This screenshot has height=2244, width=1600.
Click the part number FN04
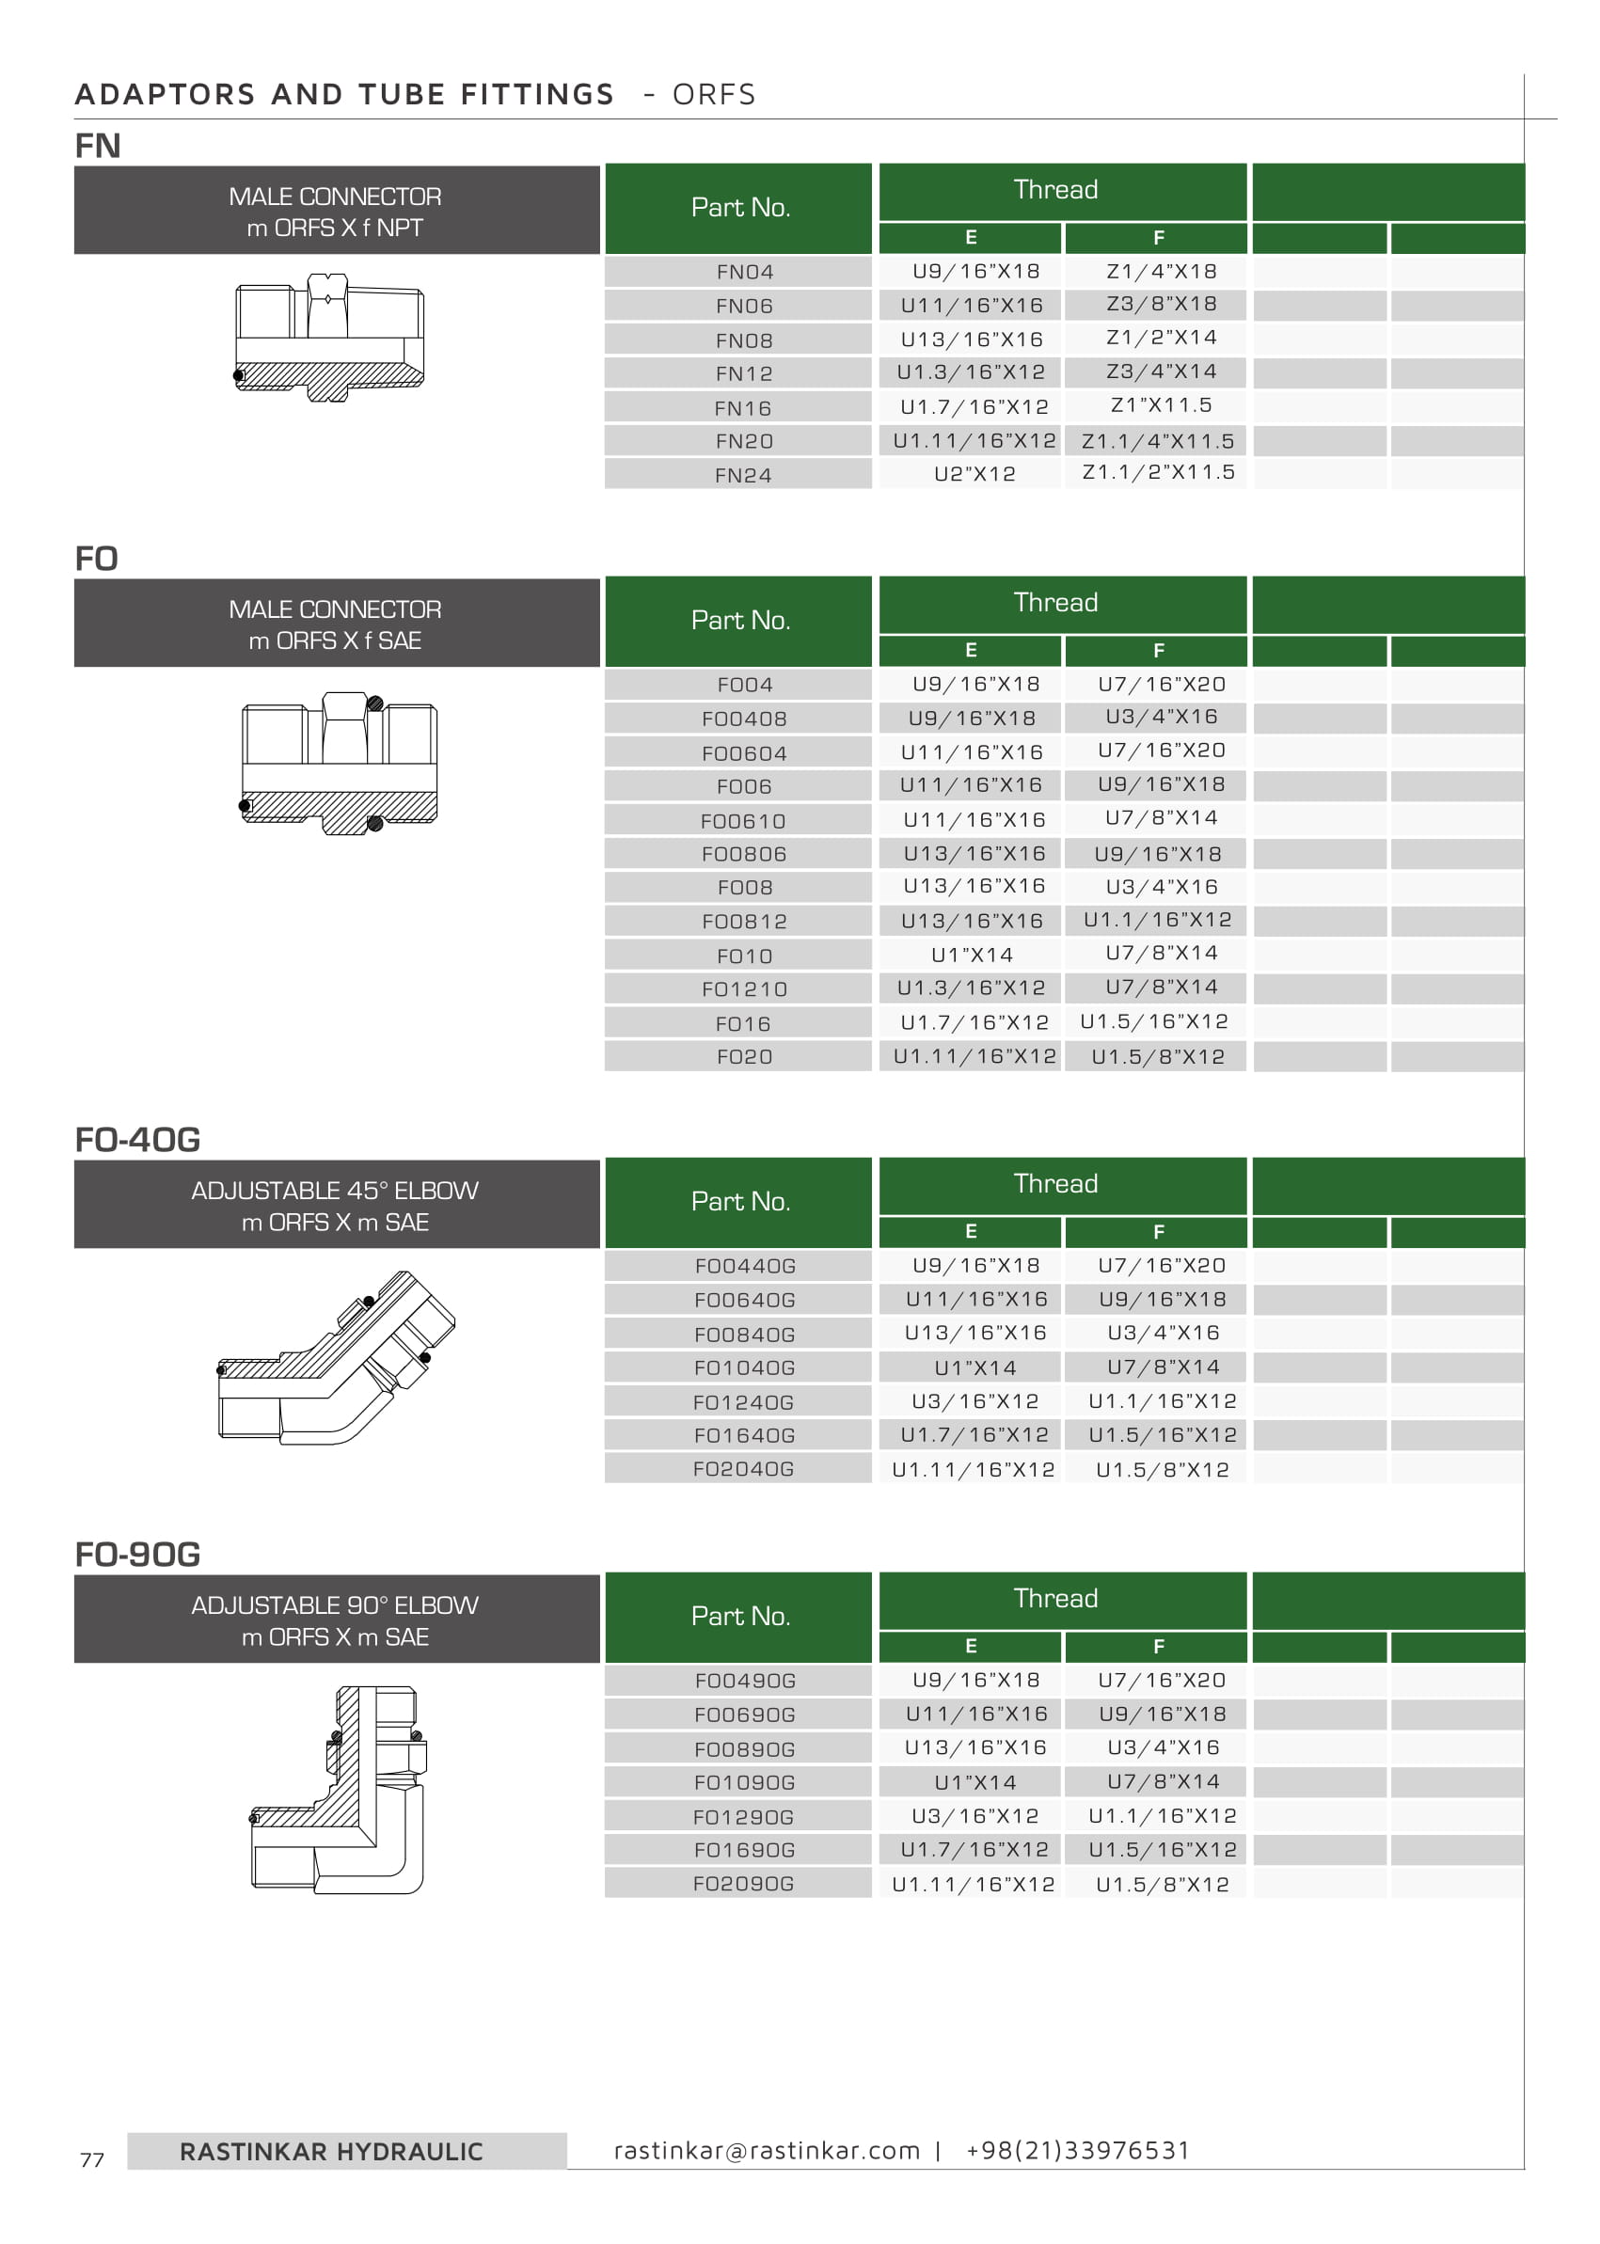(x=744, y=272)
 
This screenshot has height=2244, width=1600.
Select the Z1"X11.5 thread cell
(x=1161, y=406)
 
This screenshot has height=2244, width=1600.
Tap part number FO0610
(x=743, y=820)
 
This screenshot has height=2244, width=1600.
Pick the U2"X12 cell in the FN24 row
(x=974, y=474)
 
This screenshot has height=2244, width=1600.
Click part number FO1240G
(x=744, y=1401)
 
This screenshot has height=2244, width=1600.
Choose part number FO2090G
(x=743, y=1884)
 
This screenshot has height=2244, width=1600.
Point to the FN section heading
(x=98, y=146)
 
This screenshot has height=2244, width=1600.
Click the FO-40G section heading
(x=137, y=1140)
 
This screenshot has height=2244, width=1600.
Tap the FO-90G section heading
(x=137, y=1555)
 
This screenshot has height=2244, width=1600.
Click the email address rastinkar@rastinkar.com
(x=767, y=2150)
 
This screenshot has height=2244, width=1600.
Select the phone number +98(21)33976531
(x=1078, y=2150)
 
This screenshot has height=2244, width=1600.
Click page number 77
(x=91, y=2160)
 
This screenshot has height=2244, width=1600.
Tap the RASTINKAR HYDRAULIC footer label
(x=331, y=2152)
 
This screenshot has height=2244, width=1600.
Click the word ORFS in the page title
(x=713, y=95)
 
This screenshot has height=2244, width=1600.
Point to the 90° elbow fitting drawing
(x=338, y=1789)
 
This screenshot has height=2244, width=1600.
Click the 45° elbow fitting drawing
(x=335, y=1359)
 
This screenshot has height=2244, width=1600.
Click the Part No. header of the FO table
(x=740, y=621)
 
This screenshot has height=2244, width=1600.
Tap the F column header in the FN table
(x=1159, y=237)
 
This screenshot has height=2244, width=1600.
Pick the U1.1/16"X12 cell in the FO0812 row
(x=1158, y=920)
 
